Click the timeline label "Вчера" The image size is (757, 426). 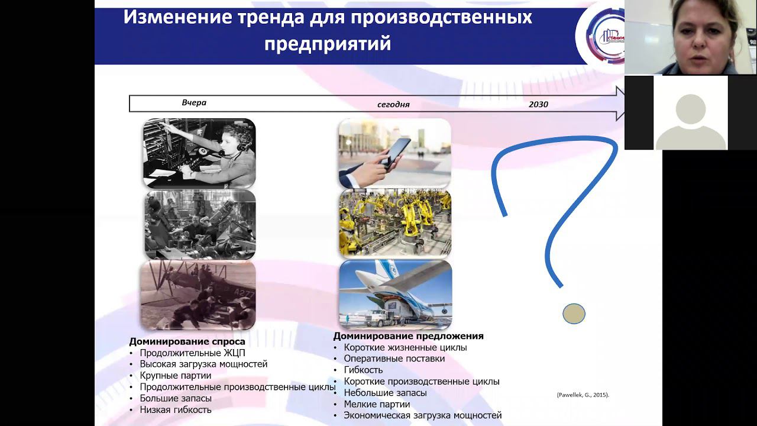point(194,103)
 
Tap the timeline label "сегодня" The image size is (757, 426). point(393,105)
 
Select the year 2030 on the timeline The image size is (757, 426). point(538,105)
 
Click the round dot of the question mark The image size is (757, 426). point(574,314)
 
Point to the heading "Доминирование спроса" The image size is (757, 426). point(187,341)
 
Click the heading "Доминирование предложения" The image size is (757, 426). point(408,336)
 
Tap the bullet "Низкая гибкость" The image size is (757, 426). point(176,409)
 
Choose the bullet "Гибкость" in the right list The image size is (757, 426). point(363,370)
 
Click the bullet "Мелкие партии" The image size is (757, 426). point(377,404)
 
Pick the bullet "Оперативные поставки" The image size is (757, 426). point(394,359)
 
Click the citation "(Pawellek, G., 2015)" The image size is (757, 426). point(583,395)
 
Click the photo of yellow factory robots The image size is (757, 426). point(395,223)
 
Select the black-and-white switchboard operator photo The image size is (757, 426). point(199,153)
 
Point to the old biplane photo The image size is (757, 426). point(198,295)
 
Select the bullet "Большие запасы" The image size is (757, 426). point(176,398)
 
